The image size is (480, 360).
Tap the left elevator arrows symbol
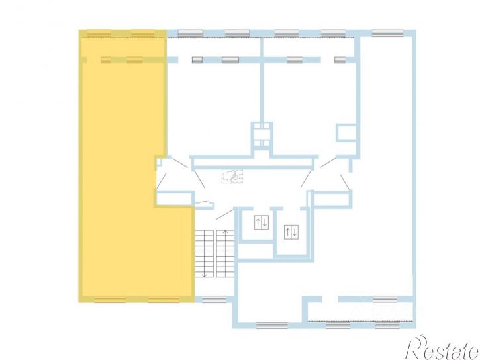(262, 222)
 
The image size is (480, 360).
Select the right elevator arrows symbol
(291, 232)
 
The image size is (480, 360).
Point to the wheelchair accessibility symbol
(232, 177)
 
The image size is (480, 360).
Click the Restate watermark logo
(442, 347)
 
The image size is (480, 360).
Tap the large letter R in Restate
(417, 347)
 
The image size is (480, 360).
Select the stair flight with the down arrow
(204, 254)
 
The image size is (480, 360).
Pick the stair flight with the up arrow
(226, 253)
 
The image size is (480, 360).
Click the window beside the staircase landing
(215, 299)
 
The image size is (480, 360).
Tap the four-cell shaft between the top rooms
(262, 134)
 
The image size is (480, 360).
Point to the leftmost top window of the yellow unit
(99, 33)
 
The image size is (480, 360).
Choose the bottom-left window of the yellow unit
(110, 299)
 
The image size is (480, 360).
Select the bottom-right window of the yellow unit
(164, 299)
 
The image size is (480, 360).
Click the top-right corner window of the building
(387, 33)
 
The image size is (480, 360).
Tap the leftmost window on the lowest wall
(272, 326)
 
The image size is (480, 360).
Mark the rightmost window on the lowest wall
(387, 326)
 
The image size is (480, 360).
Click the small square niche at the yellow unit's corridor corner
(159, 162)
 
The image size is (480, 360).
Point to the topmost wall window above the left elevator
(237, 33)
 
